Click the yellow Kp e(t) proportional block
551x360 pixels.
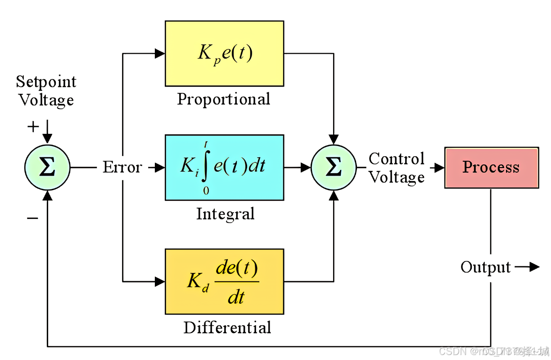pos(224,53)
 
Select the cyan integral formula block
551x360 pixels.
pos(224,167)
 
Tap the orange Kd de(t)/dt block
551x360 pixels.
pos(224,281)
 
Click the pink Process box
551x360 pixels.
pos(491,167)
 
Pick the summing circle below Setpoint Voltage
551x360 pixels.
pos(47,167)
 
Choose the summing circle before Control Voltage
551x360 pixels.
pos(334,167)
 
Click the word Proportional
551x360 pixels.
pos(224,99)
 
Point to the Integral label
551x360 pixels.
pos(225,214)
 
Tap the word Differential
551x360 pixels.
pos(227,328)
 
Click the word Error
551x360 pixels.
pos(122,167)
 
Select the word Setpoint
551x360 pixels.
pos(46,82)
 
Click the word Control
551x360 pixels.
pos(397,159)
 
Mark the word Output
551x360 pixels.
pos(485,268)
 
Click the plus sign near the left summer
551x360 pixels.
pos(33,127)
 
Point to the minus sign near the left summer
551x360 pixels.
pos(32,219)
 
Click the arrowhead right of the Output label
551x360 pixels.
pos(534,267)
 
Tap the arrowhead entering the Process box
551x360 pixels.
pos(439,168)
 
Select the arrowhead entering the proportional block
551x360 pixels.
pos(160,54)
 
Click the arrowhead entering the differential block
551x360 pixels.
pos(160,282)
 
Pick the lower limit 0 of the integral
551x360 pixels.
pos(206,191)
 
